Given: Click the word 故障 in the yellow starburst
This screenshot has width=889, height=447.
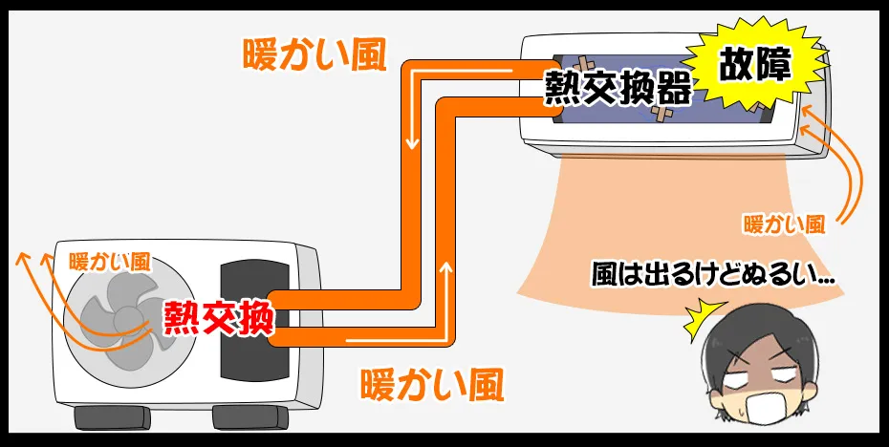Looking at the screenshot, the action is click(x=756, y=68).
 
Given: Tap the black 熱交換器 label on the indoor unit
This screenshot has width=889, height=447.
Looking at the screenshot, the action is click(x=618, y=89).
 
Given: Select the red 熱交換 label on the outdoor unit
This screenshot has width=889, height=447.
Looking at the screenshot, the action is click(x=218, y=318).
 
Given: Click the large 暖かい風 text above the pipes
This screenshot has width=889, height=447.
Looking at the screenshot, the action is click(x=314, y=56).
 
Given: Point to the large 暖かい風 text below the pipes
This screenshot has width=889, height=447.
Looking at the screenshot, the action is click(x=432, y=385).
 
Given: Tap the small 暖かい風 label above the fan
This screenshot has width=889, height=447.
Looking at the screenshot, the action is click(x=109, y=262).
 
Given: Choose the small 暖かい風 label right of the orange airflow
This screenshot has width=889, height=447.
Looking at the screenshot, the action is click(x=784, y=225).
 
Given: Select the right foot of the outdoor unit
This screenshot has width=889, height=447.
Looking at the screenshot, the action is click(x=250, y=418).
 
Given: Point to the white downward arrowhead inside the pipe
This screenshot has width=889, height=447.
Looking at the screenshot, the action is click(x=413, y=143).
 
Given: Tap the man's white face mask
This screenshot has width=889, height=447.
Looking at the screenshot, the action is click(x=763, y=407).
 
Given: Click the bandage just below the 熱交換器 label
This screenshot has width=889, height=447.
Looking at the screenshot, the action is click(x=661, y=114).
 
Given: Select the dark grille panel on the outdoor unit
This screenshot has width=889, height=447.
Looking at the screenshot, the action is click(x=254, y=321).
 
